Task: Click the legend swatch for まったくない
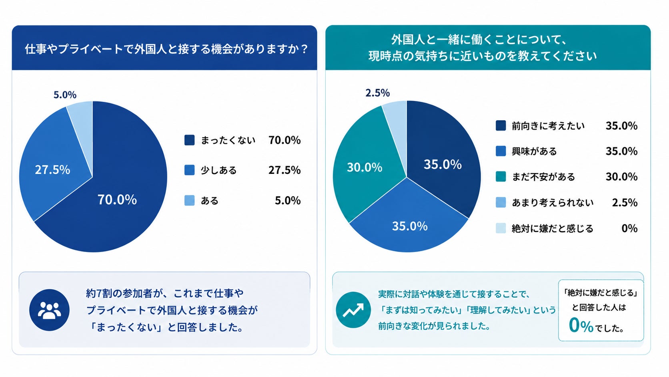tap(189, 140)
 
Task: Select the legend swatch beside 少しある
tap(189, 170)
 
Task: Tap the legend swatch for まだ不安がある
tap(501, 176)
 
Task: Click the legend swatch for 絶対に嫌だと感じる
tap(501, 228)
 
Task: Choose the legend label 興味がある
tap(534, 151)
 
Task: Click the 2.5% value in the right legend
tap(625, 202)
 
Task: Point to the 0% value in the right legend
tap(629, 228)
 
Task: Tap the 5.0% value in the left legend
tap(288, 200)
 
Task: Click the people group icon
tap(49, 310)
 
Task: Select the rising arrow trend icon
tap(353, 310)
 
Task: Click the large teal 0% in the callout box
tap(581, 325)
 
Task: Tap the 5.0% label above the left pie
tap(65, 95)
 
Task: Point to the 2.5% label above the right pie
tap(377, 93)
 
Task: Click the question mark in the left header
tap(304, 49)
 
